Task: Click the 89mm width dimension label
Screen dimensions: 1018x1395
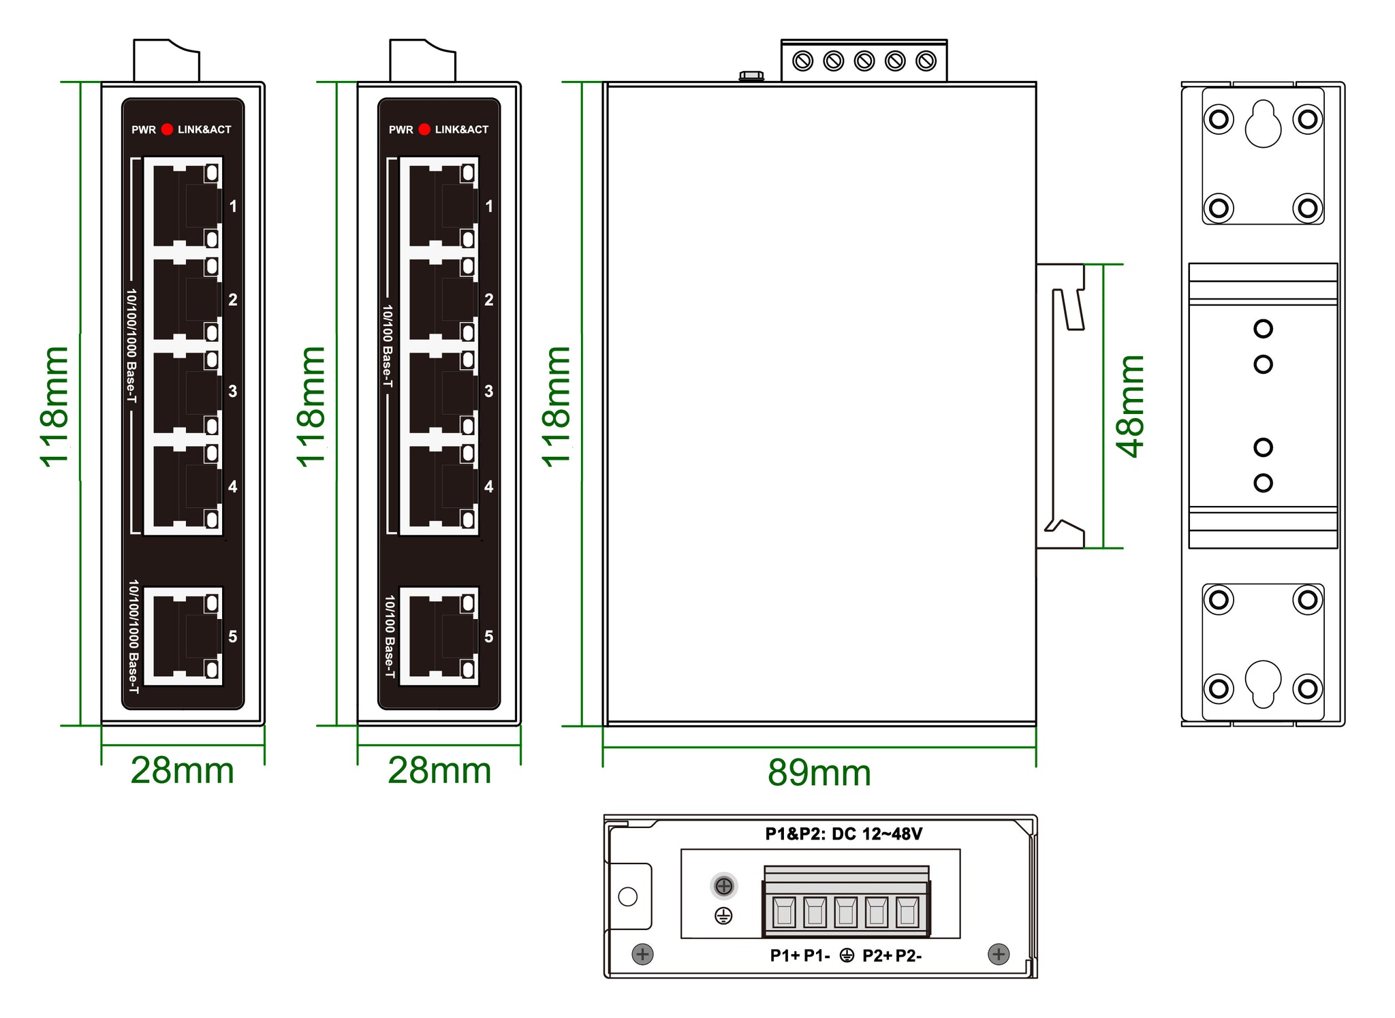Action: tap(819, 772)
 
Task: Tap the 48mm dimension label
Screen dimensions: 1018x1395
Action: tap(1131, 406)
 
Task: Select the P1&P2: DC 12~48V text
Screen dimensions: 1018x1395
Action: tap(843, 834)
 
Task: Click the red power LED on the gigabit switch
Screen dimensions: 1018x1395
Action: tap(167, 129)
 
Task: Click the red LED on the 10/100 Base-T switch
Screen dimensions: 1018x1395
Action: tap(424, 129)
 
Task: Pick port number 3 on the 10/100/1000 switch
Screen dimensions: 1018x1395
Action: tap(233, 391)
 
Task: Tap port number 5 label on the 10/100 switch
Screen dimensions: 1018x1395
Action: tap(488, 637)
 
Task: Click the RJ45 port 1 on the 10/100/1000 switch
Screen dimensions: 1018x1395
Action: tap(183, 202)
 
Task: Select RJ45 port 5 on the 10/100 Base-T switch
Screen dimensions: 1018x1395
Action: tap(439, 637)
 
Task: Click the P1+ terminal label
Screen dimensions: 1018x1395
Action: tap(785, 956)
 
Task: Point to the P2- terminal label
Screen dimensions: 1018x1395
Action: tap(909, 956)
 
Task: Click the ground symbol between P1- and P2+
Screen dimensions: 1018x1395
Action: tap(847, 956)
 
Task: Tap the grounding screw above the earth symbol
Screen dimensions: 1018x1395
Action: tap(724, 886)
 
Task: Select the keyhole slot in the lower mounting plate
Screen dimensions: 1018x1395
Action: tap(1263, 683)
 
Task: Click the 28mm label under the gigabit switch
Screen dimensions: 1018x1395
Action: tap(182, 770)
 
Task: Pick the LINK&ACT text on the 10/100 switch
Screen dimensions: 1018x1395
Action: tap(462, 129)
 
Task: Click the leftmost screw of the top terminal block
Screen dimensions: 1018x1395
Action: tap(803, 61)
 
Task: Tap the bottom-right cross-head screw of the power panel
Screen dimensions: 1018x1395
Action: tap(999, 954)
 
